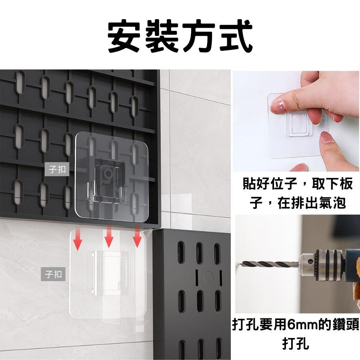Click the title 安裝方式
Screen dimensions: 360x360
[180, 37]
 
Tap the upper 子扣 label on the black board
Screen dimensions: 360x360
[59, 170]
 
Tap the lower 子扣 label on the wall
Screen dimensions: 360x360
[54, 274]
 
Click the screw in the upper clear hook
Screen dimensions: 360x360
[107, 173]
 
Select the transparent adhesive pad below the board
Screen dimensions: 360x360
[108, 276]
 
